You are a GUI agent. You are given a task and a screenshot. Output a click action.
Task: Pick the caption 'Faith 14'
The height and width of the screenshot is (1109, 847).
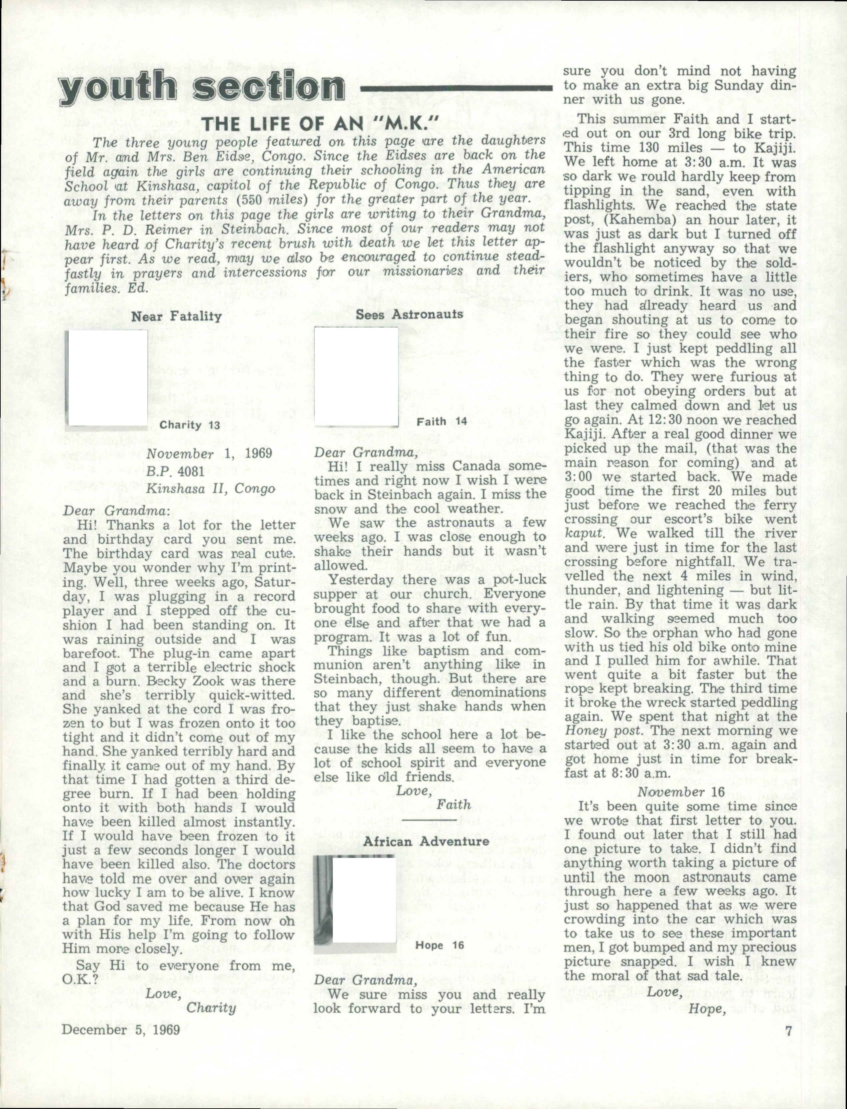[442, 422]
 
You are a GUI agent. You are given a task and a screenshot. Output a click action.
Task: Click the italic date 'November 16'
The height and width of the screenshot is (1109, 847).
[681, 792]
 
